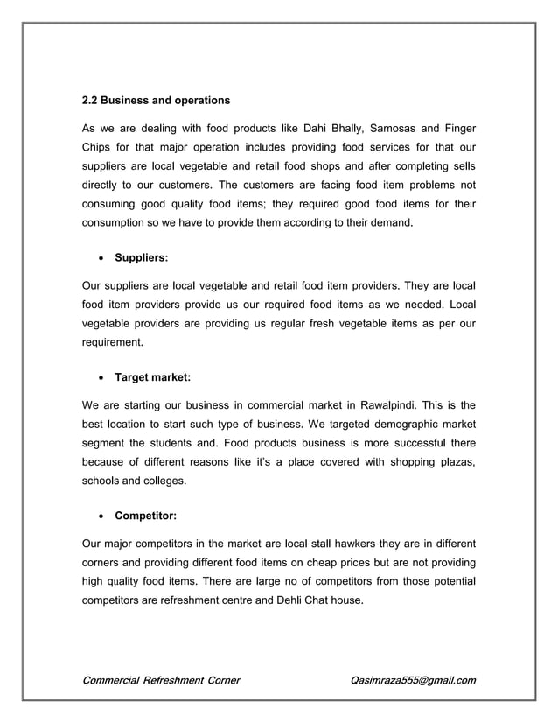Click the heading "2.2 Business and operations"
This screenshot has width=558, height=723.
156,99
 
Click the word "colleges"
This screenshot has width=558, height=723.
165,481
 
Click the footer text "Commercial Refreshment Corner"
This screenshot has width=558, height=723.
161,680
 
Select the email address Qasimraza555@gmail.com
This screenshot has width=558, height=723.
412,680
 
